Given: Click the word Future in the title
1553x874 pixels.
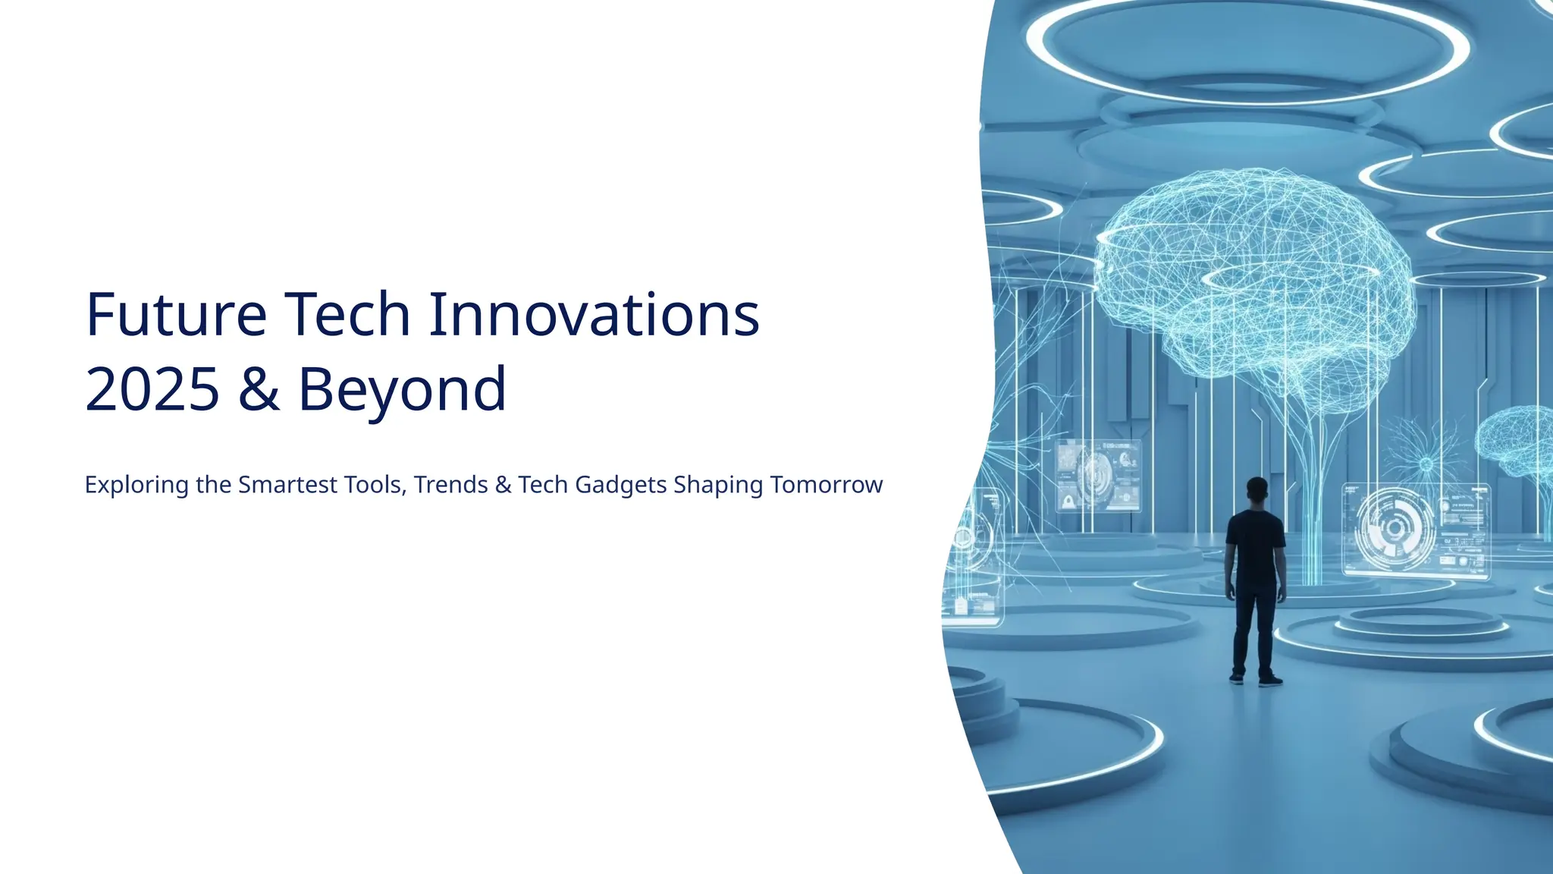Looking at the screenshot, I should click(x=176, y=314).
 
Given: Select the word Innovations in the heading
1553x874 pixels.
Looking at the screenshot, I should click(x=594, y=314).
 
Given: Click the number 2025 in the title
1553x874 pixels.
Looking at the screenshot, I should click(x=152, y=388).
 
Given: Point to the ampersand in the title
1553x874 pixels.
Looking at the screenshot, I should click(x=259, y=388).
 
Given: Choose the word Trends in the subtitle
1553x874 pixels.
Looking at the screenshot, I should click(x=451, y=485).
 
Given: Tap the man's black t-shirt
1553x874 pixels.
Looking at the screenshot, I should click(x=1255, y=546).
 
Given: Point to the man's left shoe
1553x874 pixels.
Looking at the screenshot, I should click(x=1237, y=678).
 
